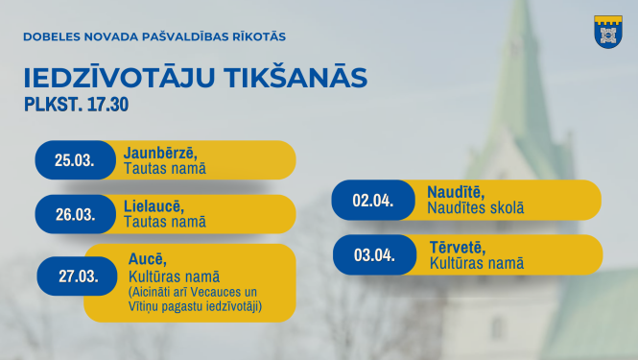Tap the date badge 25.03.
coord(75,160)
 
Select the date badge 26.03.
coord(75,214)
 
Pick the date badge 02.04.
coord(372,201)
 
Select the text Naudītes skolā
coord(475,208)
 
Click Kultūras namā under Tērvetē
coord(477,263)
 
